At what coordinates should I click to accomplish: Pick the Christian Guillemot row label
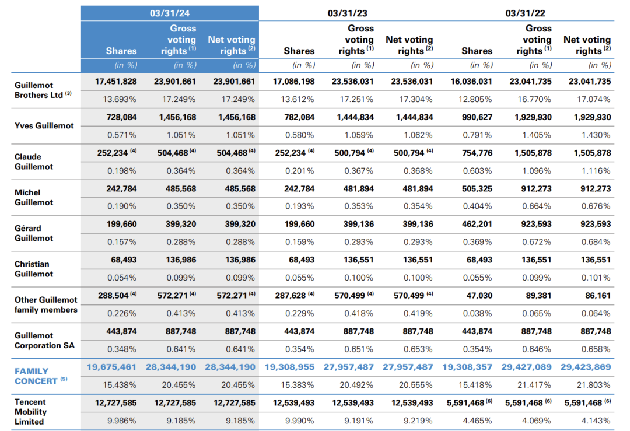coord(34,269)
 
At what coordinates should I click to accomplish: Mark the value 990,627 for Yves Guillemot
coord(477,117)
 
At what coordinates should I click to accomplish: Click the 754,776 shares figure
coord(477,153)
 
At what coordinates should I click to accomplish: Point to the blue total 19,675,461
coord(111,367)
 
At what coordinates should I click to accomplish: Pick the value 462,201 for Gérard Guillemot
coord(477,224)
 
